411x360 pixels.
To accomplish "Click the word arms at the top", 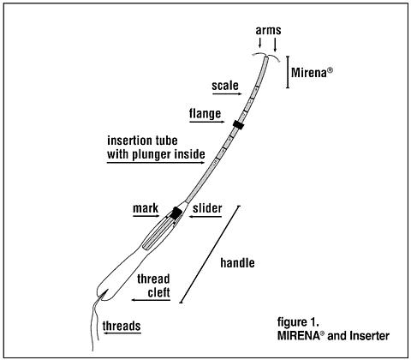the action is pyautogui.click(x=268, y=30).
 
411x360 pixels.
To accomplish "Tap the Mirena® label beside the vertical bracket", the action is pyautogui.click(x=312, y=73).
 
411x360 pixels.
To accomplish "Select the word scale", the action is pyautogui.click(x=225, y=86).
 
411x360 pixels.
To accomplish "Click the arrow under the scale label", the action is pyautogui.click(x=227, y=93).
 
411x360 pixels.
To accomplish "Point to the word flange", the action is pyautogui.click(x=205, y=113).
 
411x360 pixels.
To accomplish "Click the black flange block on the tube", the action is pyautogui.click(x=238, y=124).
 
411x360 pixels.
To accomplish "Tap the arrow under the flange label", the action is pyautogui.click(x=207, y=122).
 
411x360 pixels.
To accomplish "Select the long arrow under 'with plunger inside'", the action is pyautogui.click(x=156, y=163).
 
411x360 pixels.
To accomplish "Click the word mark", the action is pyautogui.click(x=146, y=208).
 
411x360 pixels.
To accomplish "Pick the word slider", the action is pyautogui.click(x=207, y=208).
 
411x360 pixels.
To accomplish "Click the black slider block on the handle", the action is pyautogui.click(x=176, y=213).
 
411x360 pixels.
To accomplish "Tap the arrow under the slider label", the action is pyautogui.click(x=205, y=217).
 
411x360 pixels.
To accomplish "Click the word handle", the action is pyautogui.click(x=237, y=263).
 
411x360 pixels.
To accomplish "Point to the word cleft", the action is pyautogui.click(x=158, y=292).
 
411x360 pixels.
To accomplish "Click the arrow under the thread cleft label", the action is pyautogui.click(x=151, y=300).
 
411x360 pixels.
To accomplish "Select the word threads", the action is pyautogui.click(x=122, y=326).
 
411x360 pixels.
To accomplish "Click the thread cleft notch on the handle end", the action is pyautogui.click(x=104, y=294).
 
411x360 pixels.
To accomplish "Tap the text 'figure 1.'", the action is pyautogui.click(x=298, y=322).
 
